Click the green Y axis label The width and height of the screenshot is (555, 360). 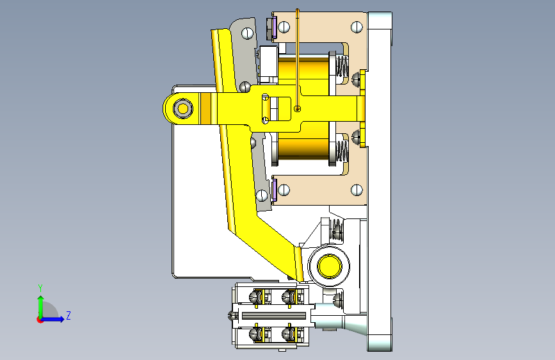coord(40,288)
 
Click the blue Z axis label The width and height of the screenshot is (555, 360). coord(68,315)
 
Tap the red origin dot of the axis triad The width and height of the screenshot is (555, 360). coord(40,320)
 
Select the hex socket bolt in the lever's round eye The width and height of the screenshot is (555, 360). coord(183,108)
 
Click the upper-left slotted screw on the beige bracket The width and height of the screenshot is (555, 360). coord(284,26)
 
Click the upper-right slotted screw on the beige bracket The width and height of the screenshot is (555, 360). coord(357,27)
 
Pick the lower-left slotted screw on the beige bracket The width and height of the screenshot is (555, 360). coord(284,190)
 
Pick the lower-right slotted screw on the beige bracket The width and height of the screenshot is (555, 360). coord(357,190)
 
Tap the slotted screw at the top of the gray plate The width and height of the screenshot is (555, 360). coord(248,34)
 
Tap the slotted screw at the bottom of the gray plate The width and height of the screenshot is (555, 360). coord(262,195)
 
